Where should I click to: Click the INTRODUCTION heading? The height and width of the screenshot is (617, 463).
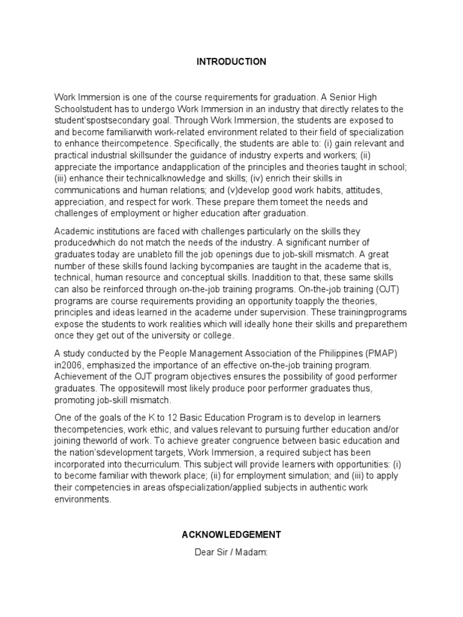(x=231, y=61)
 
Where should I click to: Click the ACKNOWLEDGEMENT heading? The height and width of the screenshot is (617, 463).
(x=231, y=534)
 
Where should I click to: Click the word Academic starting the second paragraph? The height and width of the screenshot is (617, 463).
(x=75, y=232)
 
